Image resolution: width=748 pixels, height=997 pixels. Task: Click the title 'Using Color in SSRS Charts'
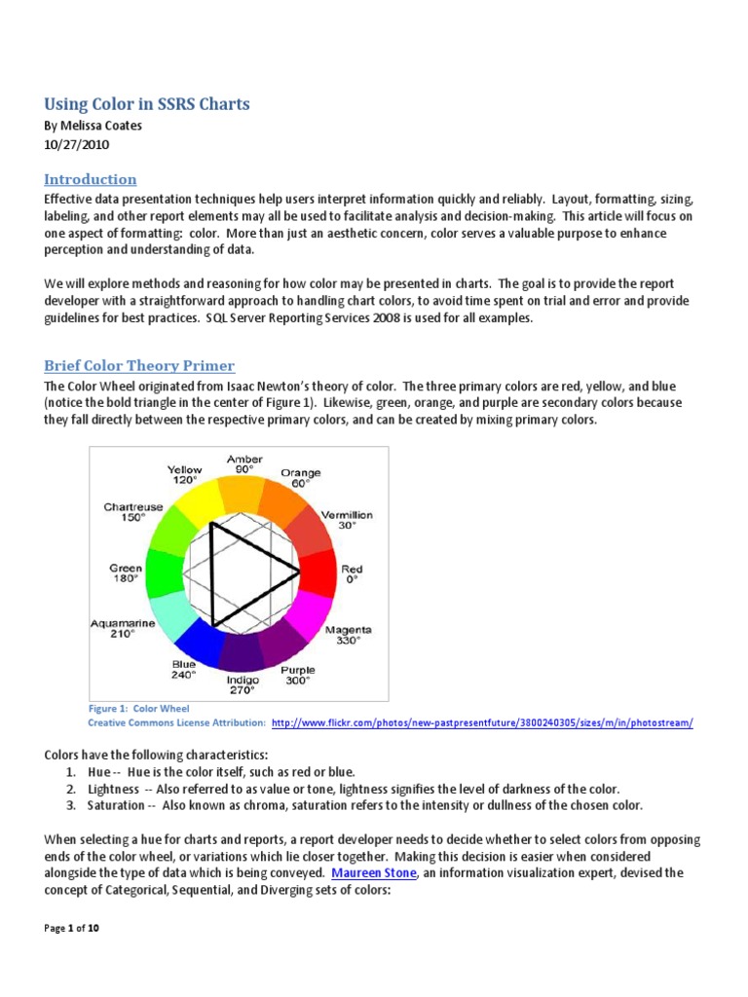click(x=147, y=104)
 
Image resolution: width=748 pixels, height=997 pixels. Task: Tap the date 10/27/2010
click(x=77, y=145)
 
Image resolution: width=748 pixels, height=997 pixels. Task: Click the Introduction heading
click(x=91, y=179)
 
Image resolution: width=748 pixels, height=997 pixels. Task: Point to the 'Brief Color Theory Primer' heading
click(x=139, y=366)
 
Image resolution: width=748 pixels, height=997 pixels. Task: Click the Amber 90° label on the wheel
click(x=244, y=463)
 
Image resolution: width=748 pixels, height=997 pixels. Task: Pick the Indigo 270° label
click(x=243, y=684)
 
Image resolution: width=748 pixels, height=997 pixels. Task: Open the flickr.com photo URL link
click(x=482, y=723)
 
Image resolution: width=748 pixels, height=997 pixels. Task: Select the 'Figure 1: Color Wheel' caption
click(x=138, y=708)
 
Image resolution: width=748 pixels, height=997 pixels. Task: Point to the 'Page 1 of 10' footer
click(x=72, y=928)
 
